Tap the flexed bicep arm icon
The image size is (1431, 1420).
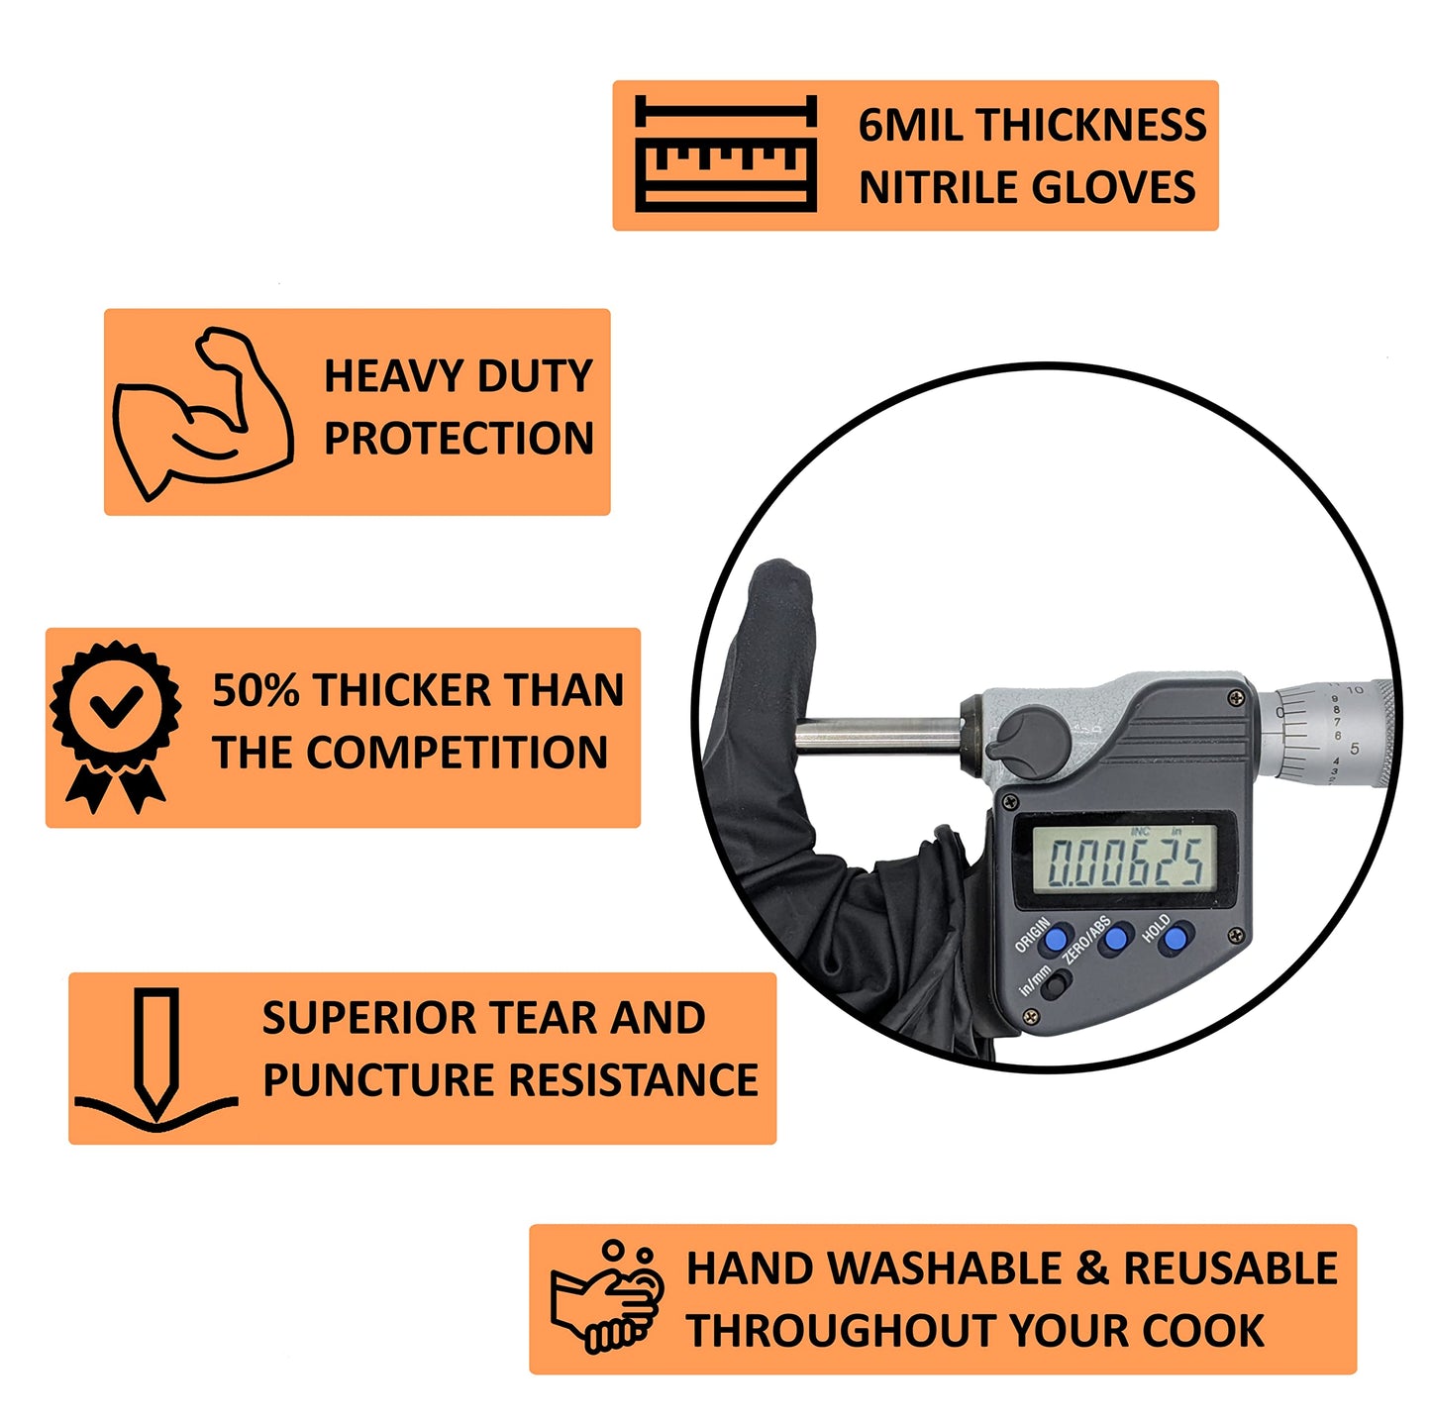click(203, 413)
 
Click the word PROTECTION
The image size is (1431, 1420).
click(459, 439)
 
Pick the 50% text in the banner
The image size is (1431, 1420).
click(256, 691)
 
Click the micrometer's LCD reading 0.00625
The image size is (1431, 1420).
click(1126, 862)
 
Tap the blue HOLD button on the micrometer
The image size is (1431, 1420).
click(1176, 936)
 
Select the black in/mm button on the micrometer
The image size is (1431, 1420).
click(1057, 983)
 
